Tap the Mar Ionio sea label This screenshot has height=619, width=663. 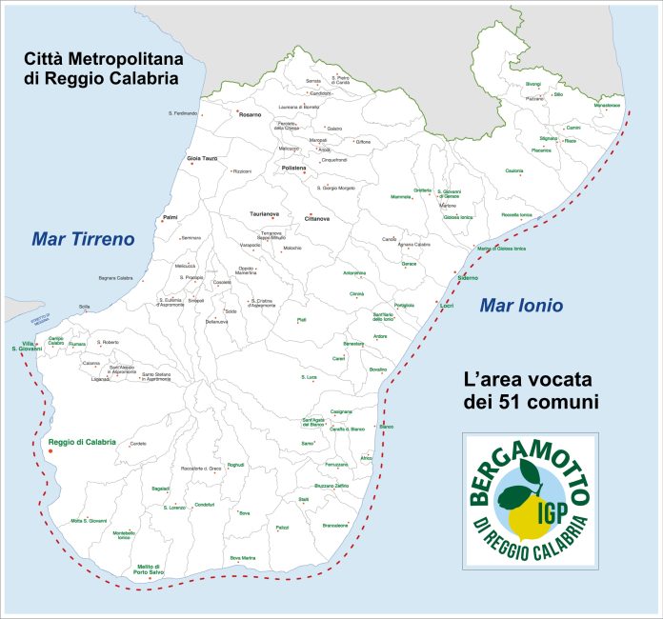pos(520,306)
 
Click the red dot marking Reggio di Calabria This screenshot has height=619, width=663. pos(50,450)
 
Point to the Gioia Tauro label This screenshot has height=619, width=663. pos(202,158)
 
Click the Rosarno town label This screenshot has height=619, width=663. pos(250,114)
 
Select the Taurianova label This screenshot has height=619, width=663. pos(264,214)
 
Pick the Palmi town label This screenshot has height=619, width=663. pos(171,217)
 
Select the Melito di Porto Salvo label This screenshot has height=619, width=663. pos(149,569)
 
